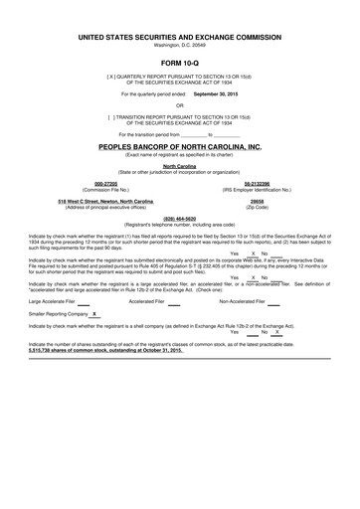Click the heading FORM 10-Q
(x=180, y=62)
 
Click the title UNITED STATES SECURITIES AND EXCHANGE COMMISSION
(x=180, y=36)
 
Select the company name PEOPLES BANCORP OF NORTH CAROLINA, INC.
(x=180, y=146)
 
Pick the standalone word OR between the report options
(x=180, y=104)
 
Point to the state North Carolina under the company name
(x=180, y=166)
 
